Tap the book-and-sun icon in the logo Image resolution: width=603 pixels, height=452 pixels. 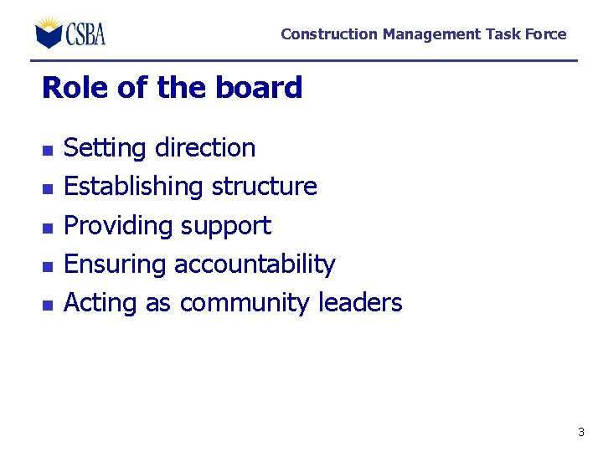(x=49, y=33)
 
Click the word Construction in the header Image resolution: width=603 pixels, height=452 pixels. (x=329, y=34)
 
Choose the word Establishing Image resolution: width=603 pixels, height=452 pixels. (x=133, y=187)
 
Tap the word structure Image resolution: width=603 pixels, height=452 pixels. (x=264, y=187)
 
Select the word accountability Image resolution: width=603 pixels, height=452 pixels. (x=255, y=265)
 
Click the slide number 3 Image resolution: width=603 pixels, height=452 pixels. (x=580, y=433)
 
